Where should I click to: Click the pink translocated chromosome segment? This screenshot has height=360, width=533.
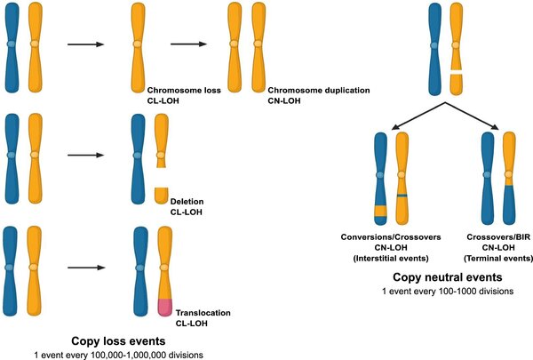165,308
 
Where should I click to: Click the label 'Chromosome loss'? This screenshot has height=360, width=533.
174,90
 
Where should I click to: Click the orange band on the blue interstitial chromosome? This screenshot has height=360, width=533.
380,211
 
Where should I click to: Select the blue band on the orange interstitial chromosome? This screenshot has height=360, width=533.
402,195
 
